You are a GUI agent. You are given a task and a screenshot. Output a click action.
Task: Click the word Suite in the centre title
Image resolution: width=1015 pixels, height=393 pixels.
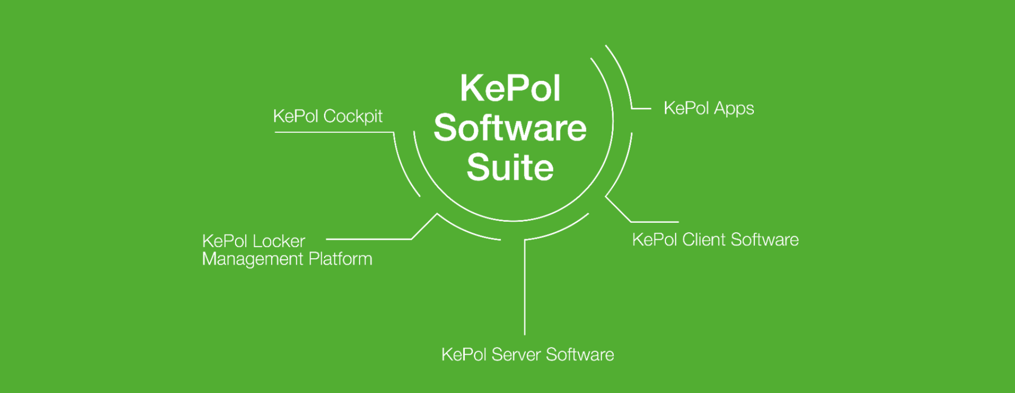click(510, 168)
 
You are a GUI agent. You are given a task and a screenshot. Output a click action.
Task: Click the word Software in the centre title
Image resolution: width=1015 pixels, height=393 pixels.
click(510, 128)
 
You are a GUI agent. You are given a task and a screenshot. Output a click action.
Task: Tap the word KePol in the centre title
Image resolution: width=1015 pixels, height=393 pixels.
click(510, 89)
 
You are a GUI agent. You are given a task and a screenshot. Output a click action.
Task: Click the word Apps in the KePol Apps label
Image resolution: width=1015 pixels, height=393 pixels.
click(733, 109)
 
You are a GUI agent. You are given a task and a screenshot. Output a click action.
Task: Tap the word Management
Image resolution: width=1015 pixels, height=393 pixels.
click(253, 259)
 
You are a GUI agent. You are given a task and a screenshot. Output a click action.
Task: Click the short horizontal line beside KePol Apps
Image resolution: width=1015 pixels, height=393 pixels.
click(641, 108)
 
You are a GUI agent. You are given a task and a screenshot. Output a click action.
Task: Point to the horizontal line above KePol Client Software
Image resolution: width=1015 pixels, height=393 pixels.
click(655, 222)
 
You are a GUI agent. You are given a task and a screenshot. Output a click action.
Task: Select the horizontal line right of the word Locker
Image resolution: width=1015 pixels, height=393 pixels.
click(368, 239)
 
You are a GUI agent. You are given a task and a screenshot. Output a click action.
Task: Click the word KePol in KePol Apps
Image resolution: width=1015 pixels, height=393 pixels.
click(686, 108)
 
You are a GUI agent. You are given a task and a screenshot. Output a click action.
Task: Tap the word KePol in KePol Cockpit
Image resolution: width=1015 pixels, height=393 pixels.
click(296, 116)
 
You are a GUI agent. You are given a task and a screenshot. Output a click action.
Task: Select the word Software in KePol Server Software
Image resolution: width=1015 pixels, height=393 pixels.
click(580, 355)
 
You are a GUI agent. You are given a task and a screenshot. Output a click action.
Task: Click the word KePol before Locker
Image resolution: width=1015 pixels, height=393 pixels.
click(224, 242)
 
